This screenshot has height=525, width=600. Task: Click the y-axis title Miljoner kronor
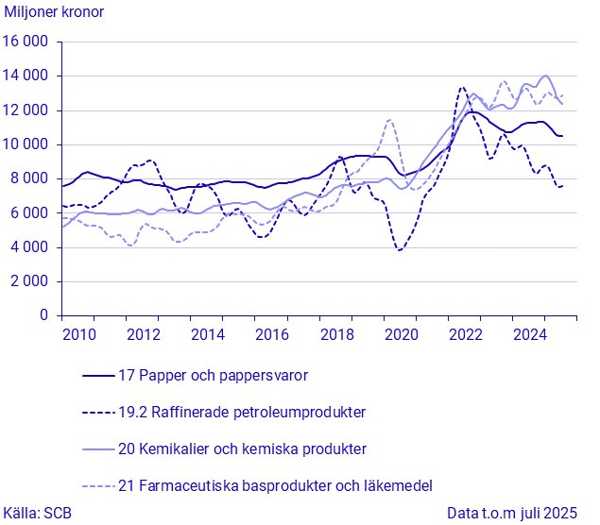click(55, 12)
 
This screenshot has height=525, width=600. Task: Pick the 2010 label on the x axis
click(78, 334)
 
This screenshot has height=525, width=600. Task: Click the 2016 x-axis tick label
click(272, 334)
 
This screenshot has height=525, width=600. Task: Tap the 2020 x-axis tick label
click(402, 334)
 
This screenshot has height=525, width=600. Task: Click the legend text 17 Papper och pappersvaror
click(214, 376)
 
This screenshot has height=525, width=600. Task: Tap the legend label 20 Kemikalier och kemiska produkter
click(242, 449)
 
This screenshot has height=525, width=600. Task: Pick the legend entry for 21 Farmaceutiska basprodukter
click(275, 486)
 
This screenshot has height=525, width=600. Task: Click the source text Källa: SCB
click(38, 514)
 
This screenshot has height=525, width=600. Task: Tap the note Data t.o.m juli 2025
click(511, 514)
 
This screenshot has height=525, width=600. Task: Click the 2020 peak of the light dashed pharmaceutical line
click(389, 120)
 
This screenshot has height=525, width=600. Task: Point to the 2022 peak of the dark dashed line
click(462, 88)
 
